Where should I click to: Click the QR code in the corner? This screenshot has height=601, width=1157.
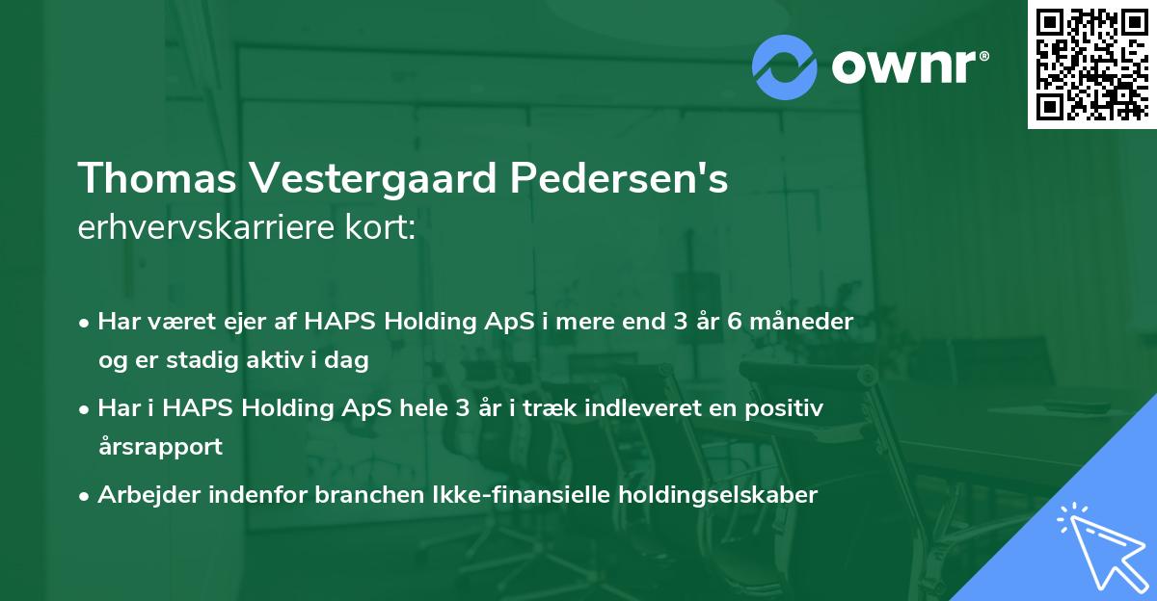pyautogui.click(x=1092, y=64)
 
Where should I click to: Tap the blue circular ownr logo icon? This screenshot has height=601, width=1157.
pyautogui.click(x=784, y=67)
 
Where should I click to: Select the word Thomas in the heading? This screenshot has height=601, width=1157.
pyautogui.click(x=157, y=178)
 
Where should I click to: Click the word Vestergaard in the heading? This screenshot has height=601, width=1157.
pyautogui.click(x=373, y=179)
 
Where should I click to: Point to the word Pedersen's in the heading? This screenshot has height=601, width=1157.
pyautogui.click(x=619, y=178)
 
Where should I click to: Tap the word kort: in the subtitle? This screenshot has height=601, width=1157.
pyautogui.click(x=380, y=227)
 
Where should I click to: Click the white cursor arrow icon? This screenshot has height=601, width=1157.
pyautogui.click(x=1103, y=547)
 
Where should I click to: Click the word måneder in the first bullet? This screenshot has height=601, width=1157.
pyautogui.click(x=800, y=322)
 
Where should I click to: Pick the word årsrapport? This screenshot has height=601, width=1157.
pyautogui.click(x=160, y=446)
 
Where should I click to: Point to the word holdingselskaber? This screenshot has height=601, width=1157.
pyautogui.click(x=718, y=496)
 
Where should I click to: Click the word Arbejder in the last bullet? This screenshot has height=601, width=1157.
pyautogui.click(x=148, y=496)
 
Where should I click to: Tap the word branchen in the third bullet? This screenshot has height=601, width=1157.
pyautogui.click(x=369, y=495)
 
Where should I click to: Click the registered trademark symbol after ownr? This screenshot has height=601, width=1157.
pyautogui.click(x=983, y=56)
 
